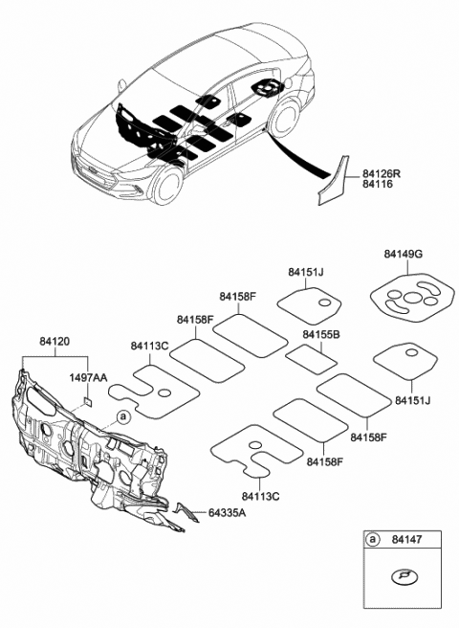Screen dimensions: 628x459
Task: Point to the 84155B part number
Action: (320, 335)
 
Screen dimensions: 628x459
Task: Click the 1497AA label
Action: (86, 378)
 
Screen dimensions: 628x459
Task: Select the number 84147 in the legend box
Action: (412, 542)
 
